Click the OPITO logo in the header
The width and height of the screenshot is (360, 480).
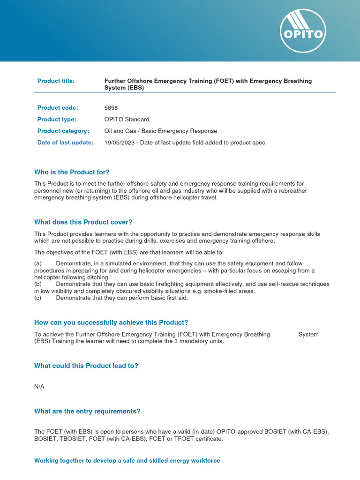click(x=303, y=31)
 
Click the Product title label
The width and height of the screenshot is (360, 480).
click(x=56, y=81)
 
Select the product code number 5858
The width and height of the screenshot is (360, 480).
click(x=111, y=108)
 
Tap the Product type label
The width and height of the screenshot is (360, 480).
click(x=57, y=120)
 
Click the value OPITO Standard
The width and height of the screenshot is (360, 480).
click(x=127, y=120)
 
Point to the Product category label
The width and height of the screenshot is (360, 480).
click(x=63, y=131)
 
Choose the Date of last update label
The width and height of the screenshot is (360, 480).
click(x=65, y=142)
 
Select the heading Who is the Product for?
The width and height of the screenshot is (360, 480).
click(x=72, y=172)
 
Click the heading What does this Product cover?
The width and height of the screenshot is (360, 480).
click(x=83, y=222)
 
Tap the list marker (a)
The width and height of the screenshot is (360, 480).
click(x=38, y=264)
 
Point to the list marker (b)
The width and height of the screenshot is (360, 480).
click(x=38, y=284)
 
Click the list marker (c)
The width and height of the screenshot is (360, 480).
click(x=38, y=298)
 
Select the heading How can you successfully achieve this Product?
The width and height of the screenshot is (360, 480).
click(x=111, y=322)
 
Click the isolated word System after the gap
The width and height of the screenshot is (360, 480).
click(x=308, y=334)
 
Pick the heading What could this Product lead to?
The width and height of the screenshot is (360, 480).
click(x=86, y=366)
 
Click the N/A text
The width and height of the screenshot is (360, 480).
click(x=39, y=387)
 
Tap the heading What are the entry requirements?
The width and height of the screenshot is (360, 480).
click(x=87, y=411)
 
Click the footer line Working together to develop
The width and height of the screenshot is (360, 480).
click(x=127, y=461)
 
